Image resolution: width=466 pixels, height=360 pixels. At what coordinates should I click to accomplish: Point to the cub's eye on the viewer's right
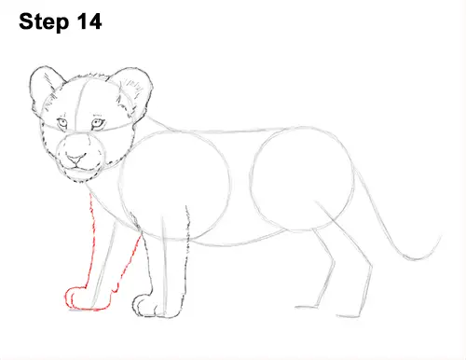coord(97,123)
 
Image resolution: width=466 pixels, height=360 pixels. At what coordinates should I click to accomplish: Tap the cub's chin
coord(79,174)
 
